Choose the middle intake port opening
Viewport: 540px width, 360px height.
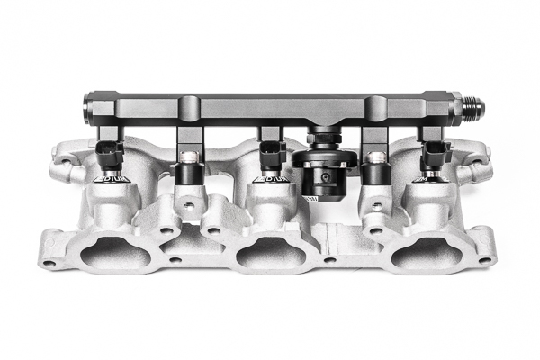coord(270,255)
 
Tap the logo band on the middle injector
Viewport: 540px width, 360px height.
coord(270,179)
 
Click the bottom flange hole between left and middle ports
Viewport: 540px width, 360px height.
coord(175,260)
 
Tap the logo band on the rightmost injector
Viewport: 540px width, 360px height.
coord(427,179)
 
